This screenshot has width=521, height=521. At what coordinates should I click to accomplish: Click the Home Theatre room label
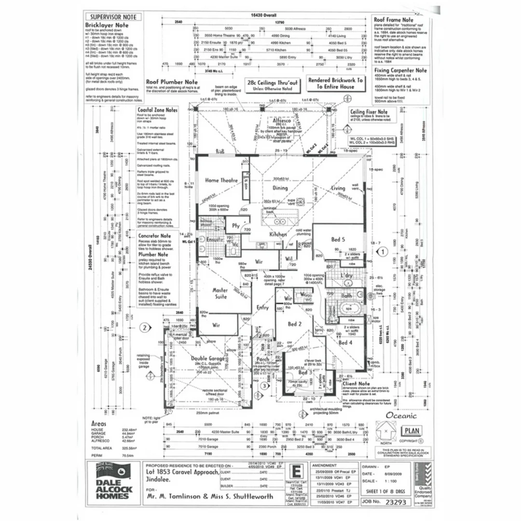click(221, 180)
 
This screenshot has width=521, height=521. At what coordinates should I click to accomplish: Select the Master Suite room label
click(220, 294)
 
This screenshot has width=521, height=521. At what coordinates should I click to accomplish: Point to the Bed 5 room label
click(338, 240)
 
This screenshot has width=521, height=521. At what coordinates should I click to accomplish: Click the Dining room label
click(280, 189)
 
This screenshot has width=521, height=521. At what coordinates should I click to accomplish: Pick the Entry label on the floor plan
click(262, 307)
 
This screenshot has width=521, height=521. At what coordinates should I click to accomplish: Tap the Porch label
click(263, 359)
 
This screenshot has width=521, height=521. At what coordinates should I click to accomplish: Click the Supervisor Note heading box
click(114, 17)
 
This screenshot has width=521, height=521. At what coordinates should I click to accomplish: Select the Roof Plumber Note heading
click(171, 82)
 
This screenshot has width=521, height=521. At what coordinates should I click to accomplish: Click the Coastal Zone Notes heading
click(158, 110)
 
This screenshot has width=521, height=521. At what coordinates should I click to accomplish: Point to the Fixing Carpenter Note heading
click(402, 70)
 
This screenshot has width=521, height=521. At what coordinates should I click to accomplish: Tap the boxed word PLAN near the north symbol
click(411, 430)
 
